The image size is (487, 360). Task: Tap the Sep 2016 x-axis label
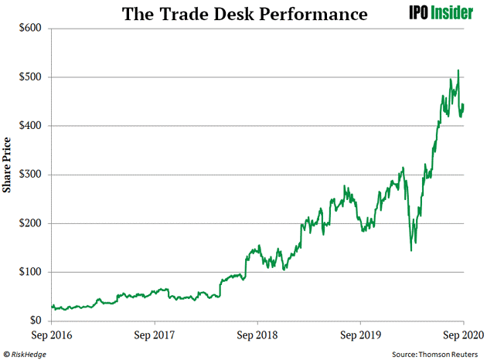point(51,335)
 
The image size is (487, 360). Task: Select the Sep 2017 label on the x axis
point(154,335)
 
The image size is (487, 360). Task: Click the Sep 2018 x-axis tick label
point(257,335)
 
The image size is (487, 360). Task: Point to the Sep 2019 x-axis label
point(359,335)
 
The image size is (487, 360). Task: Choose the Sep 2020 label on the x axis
point(462,335)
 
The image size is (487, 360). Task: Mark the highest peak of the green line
point(458,71)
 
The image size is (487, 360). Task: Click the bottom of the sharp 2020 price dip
point(411,250)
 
